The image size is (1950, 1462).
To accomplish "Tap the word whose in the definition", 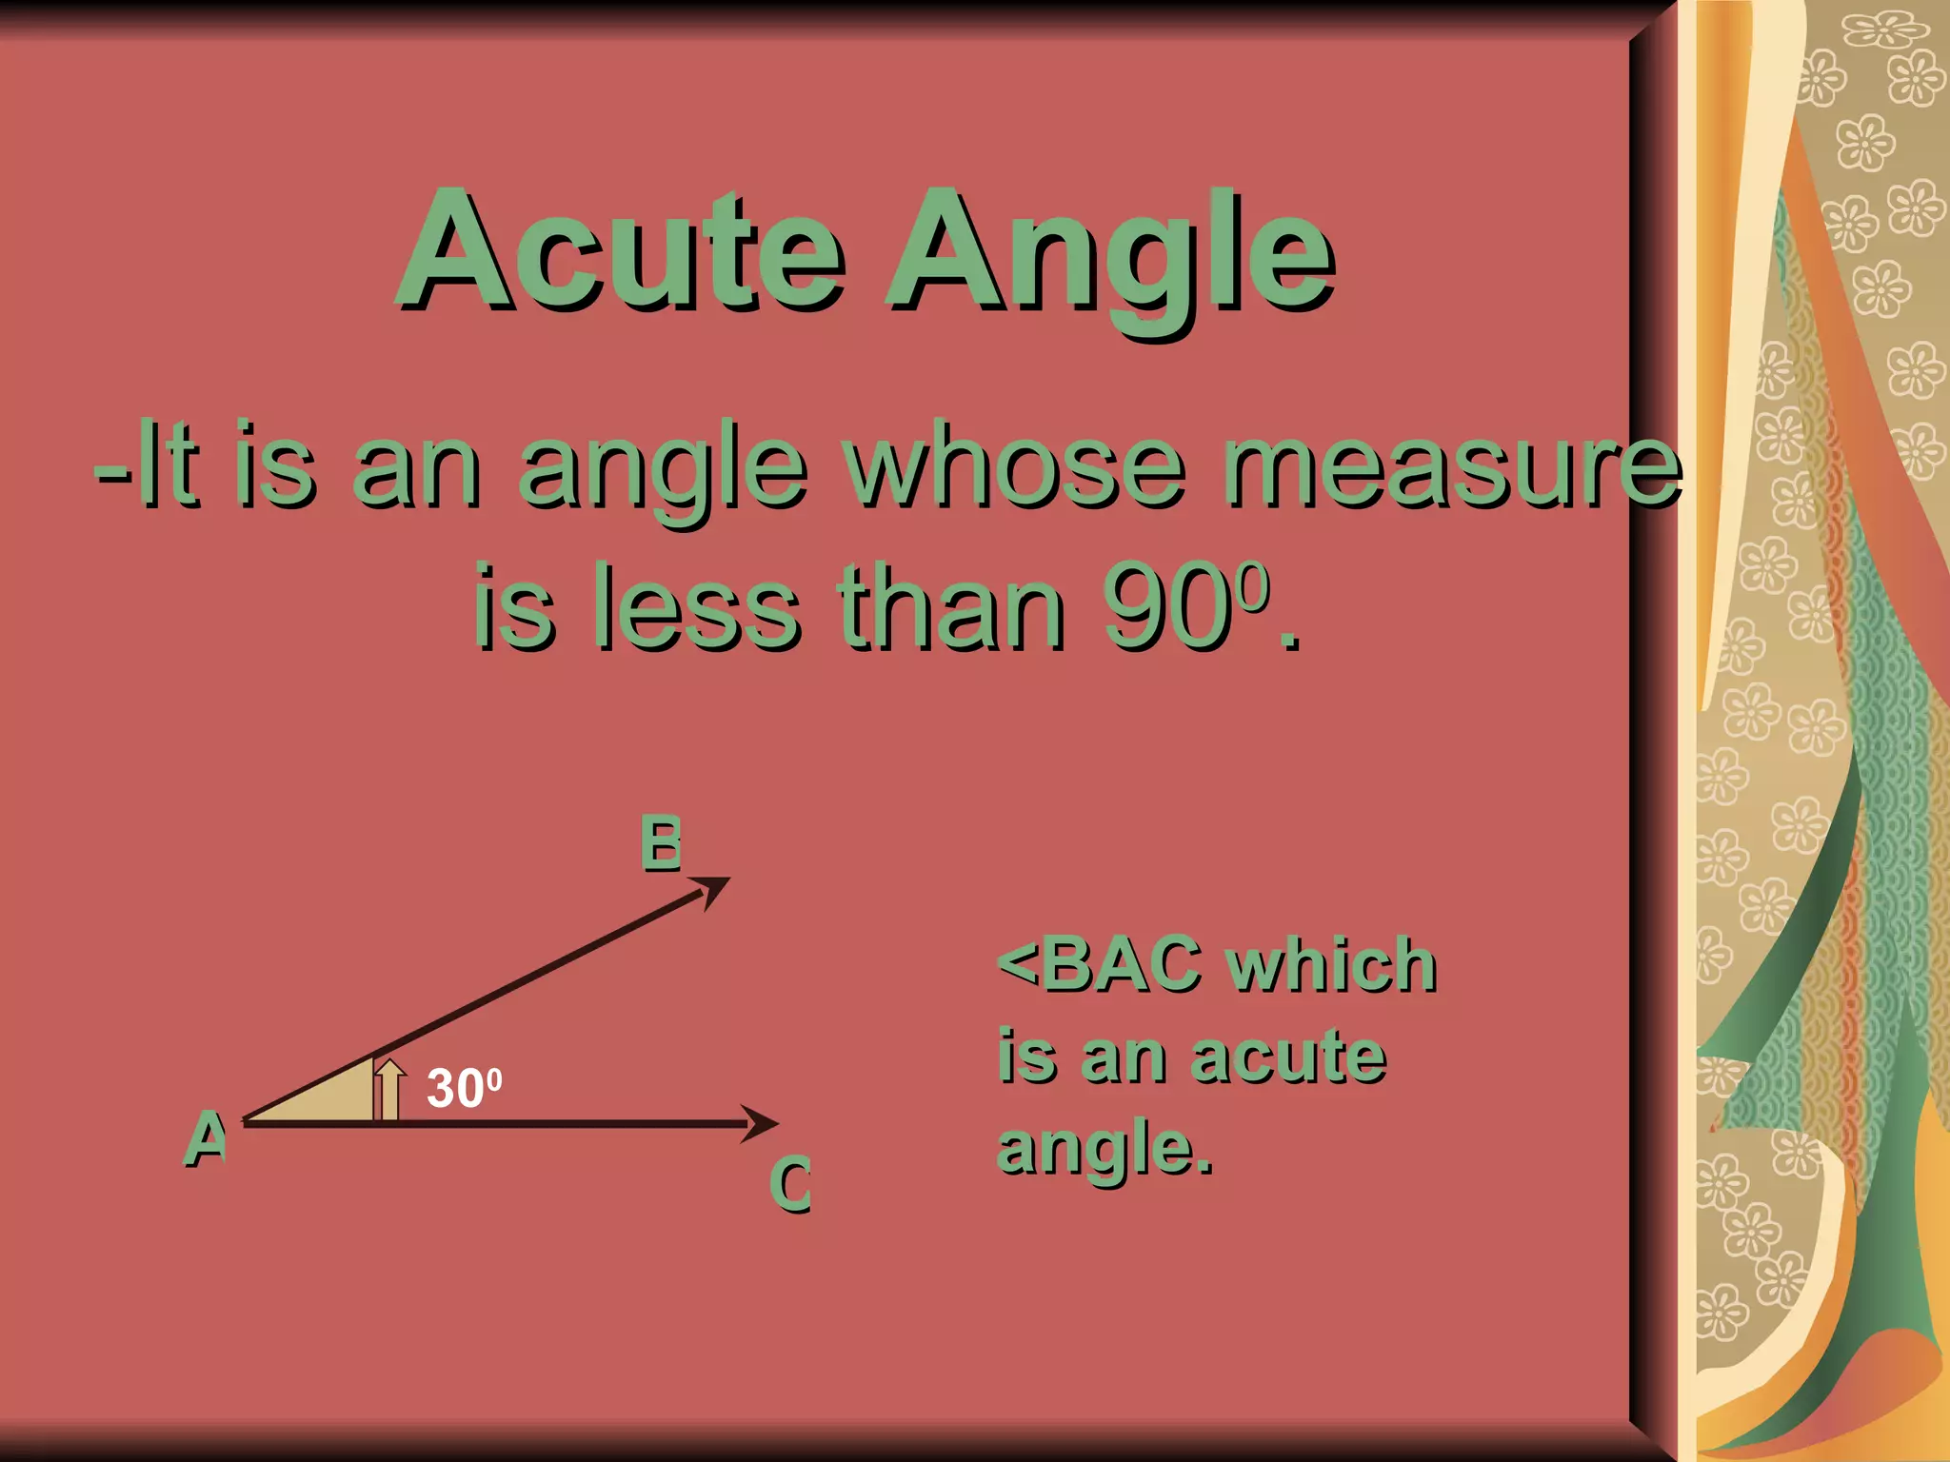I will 1017,466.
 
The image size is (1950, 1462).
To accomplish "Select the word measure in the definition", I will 1453,466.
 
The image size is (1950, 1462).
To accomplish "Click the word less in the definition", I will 695,605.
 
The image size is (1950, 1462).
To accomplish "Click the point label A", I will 206,1138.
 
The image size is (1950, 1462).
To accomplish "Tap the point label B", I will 661,843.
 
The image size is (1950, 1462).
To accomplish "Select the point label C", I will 790,1184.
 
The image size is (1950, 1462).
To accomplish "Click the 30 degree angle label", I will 463,1087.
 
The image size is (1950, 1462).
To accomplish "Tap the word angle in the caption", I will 1095,1150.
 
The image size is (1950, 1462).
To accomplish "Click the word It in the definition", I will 168,466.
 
